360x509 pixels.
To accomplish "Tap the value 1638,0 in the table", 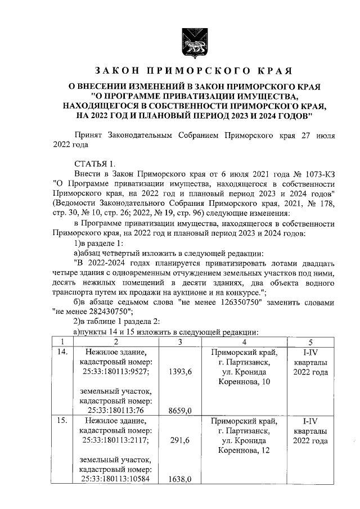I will (x=179, y=479).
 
